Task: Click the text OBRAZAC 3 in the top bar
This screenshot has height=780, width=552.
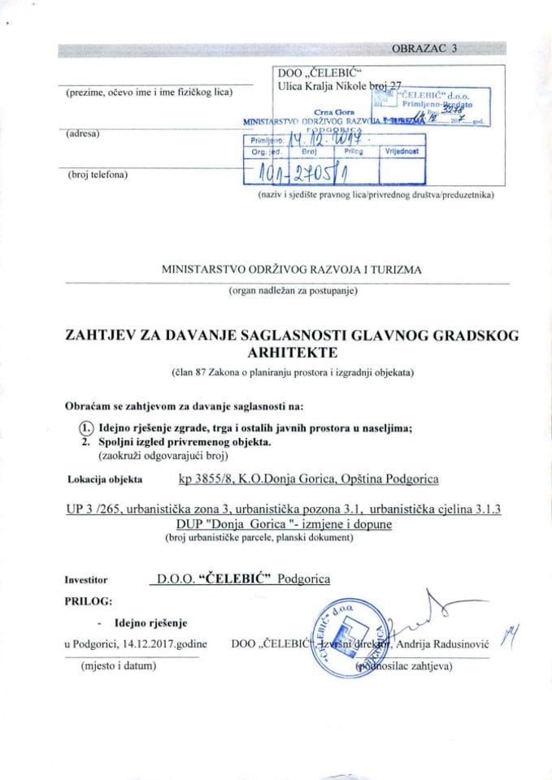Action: (425, 48)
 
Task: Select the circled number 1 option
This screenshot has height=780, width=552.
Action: (86, 428)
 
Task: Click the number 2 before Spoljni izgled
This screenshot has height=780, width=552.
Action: (86, 443)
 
